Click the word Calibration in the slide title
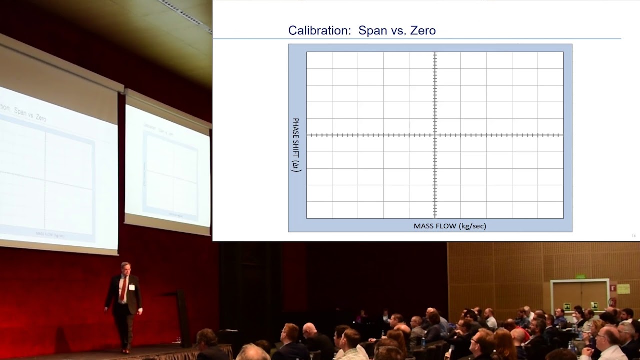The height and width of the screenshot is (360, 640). (320, 31)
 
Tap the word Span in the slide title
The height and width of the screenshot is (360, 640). (372, 31)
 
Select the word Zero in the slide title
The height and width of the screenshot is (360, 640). (423, 31)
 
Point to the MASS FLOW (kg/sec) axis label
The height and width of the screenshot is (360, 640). (450, 226)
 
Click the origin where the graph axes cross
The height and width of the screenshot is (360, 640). (435, 135)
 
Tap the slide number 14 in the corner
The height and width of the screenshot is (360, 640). (634, 236)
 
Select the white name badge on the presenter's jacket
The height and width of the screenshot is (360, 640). (132, 287)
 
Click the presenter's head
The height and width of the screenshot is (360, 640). (125, 269)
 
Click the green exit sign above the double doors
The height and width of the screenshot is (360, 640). (580, 276)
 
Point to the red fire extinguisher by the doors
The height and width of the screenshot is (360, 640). (612, 302)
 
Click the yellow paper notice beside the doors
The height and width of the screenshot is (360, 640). (623, 289)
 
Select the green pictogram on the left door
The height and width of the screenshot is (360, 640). (567, 306)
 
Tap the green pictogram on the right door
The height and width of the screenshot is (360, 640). (594, 305)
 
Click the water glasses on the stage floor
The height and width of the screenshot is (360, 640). (177, 340)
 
